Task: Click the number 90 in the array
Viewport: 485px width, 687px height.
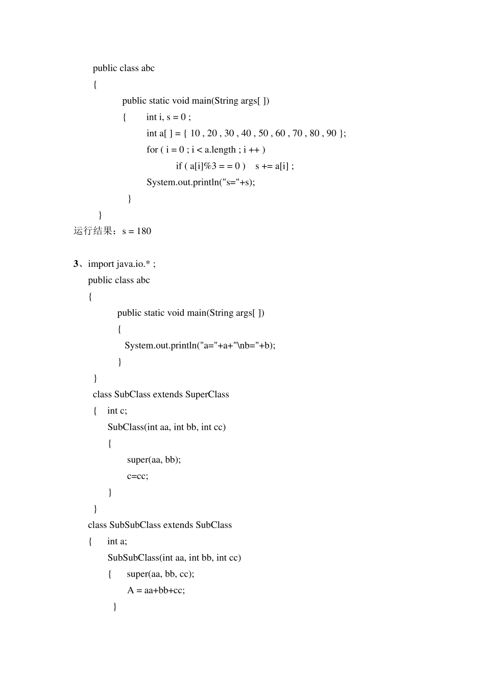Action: [331, 133]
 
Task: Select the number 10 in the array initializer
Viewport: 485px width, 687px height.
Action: [195, 133]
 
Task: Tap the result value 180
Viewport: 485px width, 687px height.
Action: [144, 231]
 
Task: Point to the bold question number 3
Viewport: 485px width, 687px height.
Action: [76, 264]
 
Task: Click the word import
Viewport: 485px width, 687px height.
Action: [101, 264]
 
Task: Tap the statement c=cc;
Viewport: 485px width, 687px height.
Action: [138, 476]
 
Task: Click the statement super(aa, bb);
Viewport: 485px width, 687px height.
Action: [154, 460]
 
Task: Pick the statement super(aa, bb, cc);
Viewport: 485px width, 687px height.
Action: [160, 574]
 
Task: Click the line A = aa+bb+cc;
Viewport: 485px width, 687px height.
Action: [156, 590]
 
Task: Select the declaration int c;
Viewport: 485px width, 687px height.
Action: [117, 410]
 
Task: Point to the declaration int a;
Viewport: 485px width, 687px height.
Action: [117, 541]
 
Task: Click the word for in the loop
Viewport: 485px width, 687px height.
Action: [152, 150]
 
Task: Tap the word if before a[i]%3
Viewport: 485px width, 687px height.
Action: [179, 166]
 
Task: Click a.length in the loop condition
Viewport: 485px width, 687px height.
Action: [220, 150]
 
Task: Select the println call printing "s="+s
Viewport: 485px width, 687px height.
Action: [201, 182]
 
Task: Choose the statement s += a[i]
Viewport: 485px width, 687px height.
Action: [274, 166]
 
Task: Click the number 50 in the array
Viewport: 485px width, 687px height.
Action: [263, 133]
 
